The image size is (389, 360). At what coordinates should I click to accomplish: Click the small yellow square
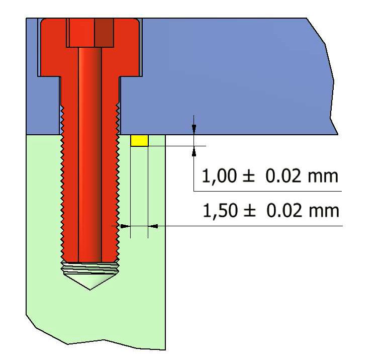[139, 141]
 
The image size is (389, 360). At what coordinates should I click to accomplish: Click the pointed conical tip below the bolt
[90, 282]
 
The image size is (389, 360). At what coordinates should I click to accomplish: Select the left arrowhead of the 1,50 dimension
[125, 226]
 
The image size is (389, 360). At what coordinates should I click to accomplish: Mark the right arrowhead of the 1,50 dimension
[153, 226]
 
